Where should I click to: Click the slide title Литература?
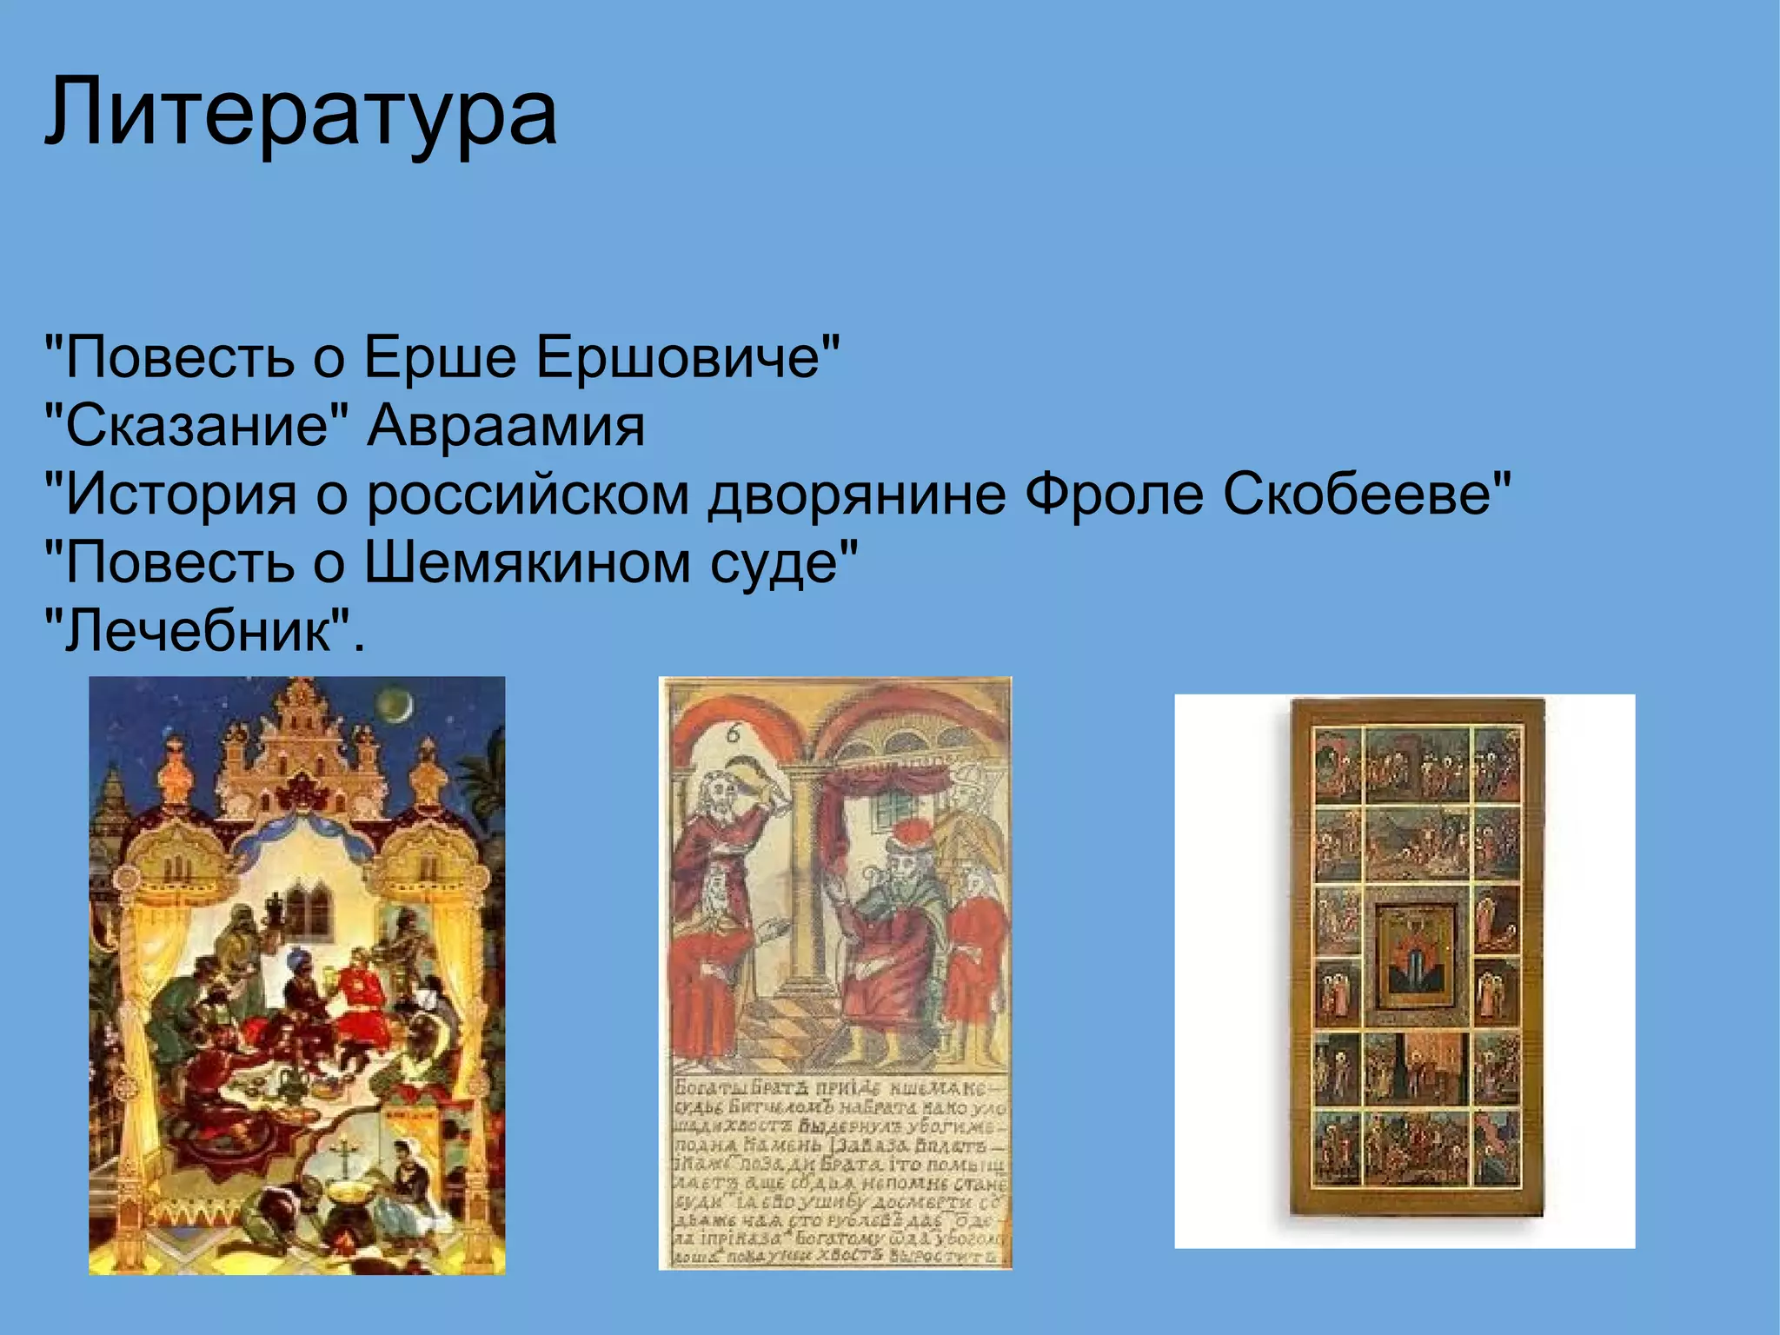point(301,113)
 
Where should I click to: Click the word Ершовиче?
point(687,356)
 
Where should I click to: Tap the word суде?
point(782,563)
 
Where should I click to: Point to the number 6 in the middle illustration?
point(733,734)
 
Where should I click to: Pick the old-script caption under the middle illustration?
point(839,1173)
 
